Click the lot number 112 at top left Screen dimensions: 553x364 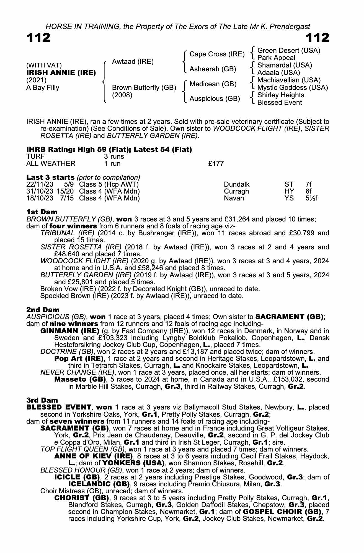[38, 38]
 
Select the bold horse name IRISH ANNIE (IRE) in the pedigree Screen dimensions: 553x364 [61, 73]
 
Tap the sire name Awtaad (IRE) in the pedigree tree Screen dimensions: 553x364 [133, 62]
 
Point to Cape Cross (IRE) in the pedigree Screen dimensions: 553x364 [217, 54]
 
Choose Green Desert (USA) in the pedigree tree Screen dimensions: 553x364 [289, 51]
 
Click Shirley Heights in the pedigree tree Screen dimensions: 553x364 [281, 95]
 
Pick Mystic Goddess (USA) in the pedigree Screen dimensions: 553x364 [293, 88]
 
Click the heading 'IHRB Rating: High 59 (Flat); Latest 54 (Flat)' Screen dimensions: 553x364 [109, 150]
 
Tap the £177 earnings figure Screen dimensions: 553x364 [216, 164]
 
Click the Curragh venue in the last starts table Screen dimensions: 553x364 [236, 191]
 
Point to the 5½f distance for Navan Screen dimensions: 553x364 [309, 198]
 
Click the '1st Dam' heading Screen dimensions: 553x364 [42, 212]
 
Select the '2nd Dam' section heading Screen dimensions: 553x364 [43, 310]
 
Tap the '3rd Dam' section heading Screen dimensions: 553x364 [42, 400]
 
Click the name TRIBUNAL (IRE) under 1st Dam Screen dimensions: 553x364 [67, 233]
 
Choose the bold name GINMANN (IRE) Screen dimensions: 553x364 [70, 331]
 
